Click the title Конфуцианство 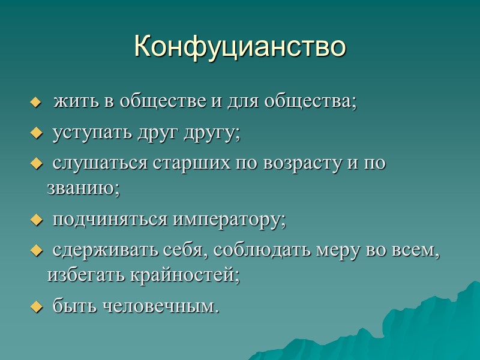240,46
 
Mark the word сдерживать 98,250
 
